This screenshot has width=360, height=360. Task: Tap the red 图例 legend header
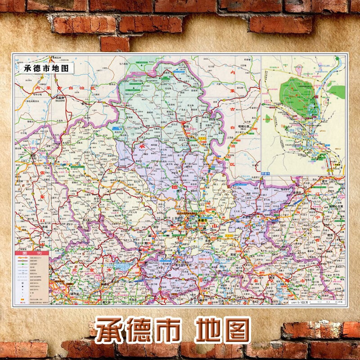pos(31,253)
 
